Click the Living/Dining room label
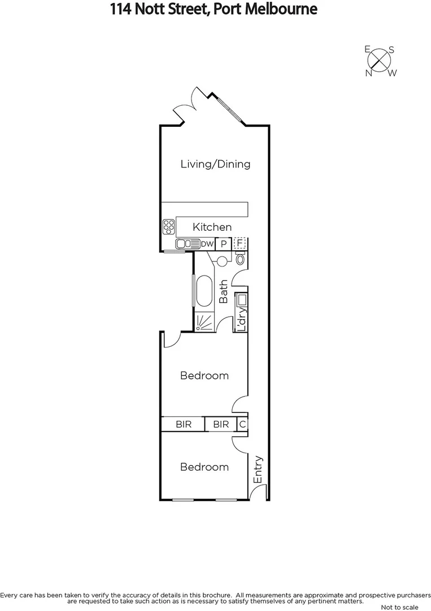pyautogui.click(x=215, y=165)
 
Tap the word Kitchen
pyautogui.click(x=212, y=227)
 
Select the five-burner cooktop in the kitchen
pyautogui.click(x=168, y=227)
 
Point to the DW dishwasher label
pyautogui.click(x=207, y=244)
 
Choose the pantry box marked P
pyautogui.click(x=224, y=244)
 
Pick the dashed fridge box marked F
pyautogui.click(x=240, y=244)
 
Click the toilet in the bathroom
pyautogui.click(x=241, y=259)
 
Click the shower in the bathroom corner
pyautogui.click(x=204, y=322)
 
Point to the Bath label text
pyautogui.click(x=224, y=291)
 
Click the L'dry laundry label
pyautogui.click(x=242, y=320)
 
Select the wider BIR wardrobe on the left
pyautogui.click(x=183, y=424)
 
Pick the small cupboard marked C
pyautogui.click(x=242, y=424)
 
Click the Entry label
pyautogui.click(x=259, y=469)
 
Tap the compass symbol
pyautogui.click(x=381, y=61)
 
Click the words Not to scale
pyautogui.click(x=399, y=607)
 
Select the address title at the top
pyautogui.click(x=215, y=9)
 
